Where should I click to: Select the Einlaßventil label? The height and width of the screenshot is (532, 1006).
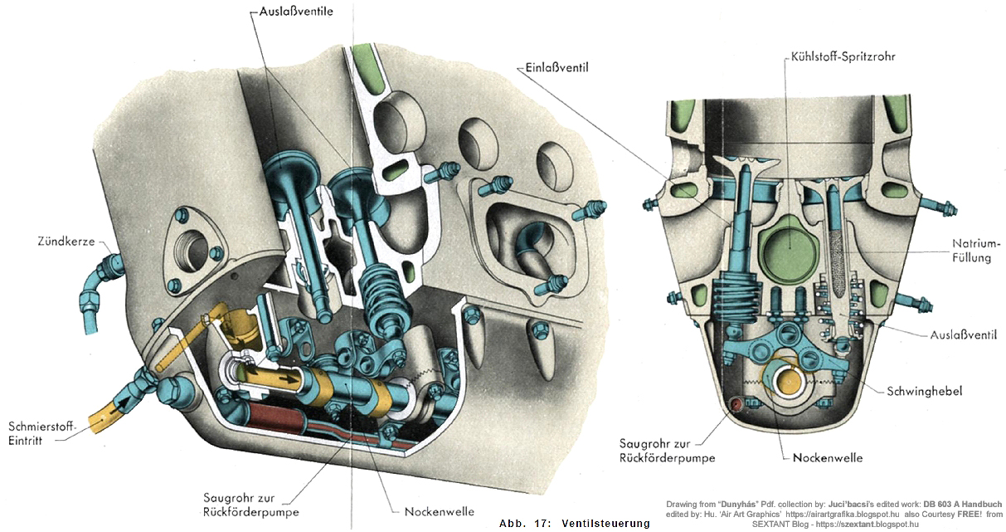556,66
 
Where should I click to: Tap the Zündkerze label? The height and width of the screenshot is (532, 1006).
66,242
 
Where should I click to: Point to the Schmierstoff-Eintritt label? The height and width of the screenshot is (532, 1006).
41,433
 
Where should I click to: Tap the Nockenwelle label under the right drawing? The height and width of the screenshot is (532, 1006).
828,458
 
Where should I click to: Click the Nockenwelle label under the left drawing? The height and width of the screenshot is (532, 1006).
439,511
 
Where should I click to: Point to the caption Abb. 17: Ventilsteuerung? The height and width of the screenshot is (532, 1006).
575,524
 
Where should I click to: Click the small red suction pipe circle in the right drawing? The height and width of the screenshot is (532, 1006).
734,404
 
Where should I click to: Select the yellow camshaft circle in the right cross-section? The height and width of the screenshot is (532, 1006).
789,378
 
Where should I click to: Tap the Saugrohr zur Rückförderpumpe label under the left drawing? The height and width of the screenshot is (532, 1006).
250,505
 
